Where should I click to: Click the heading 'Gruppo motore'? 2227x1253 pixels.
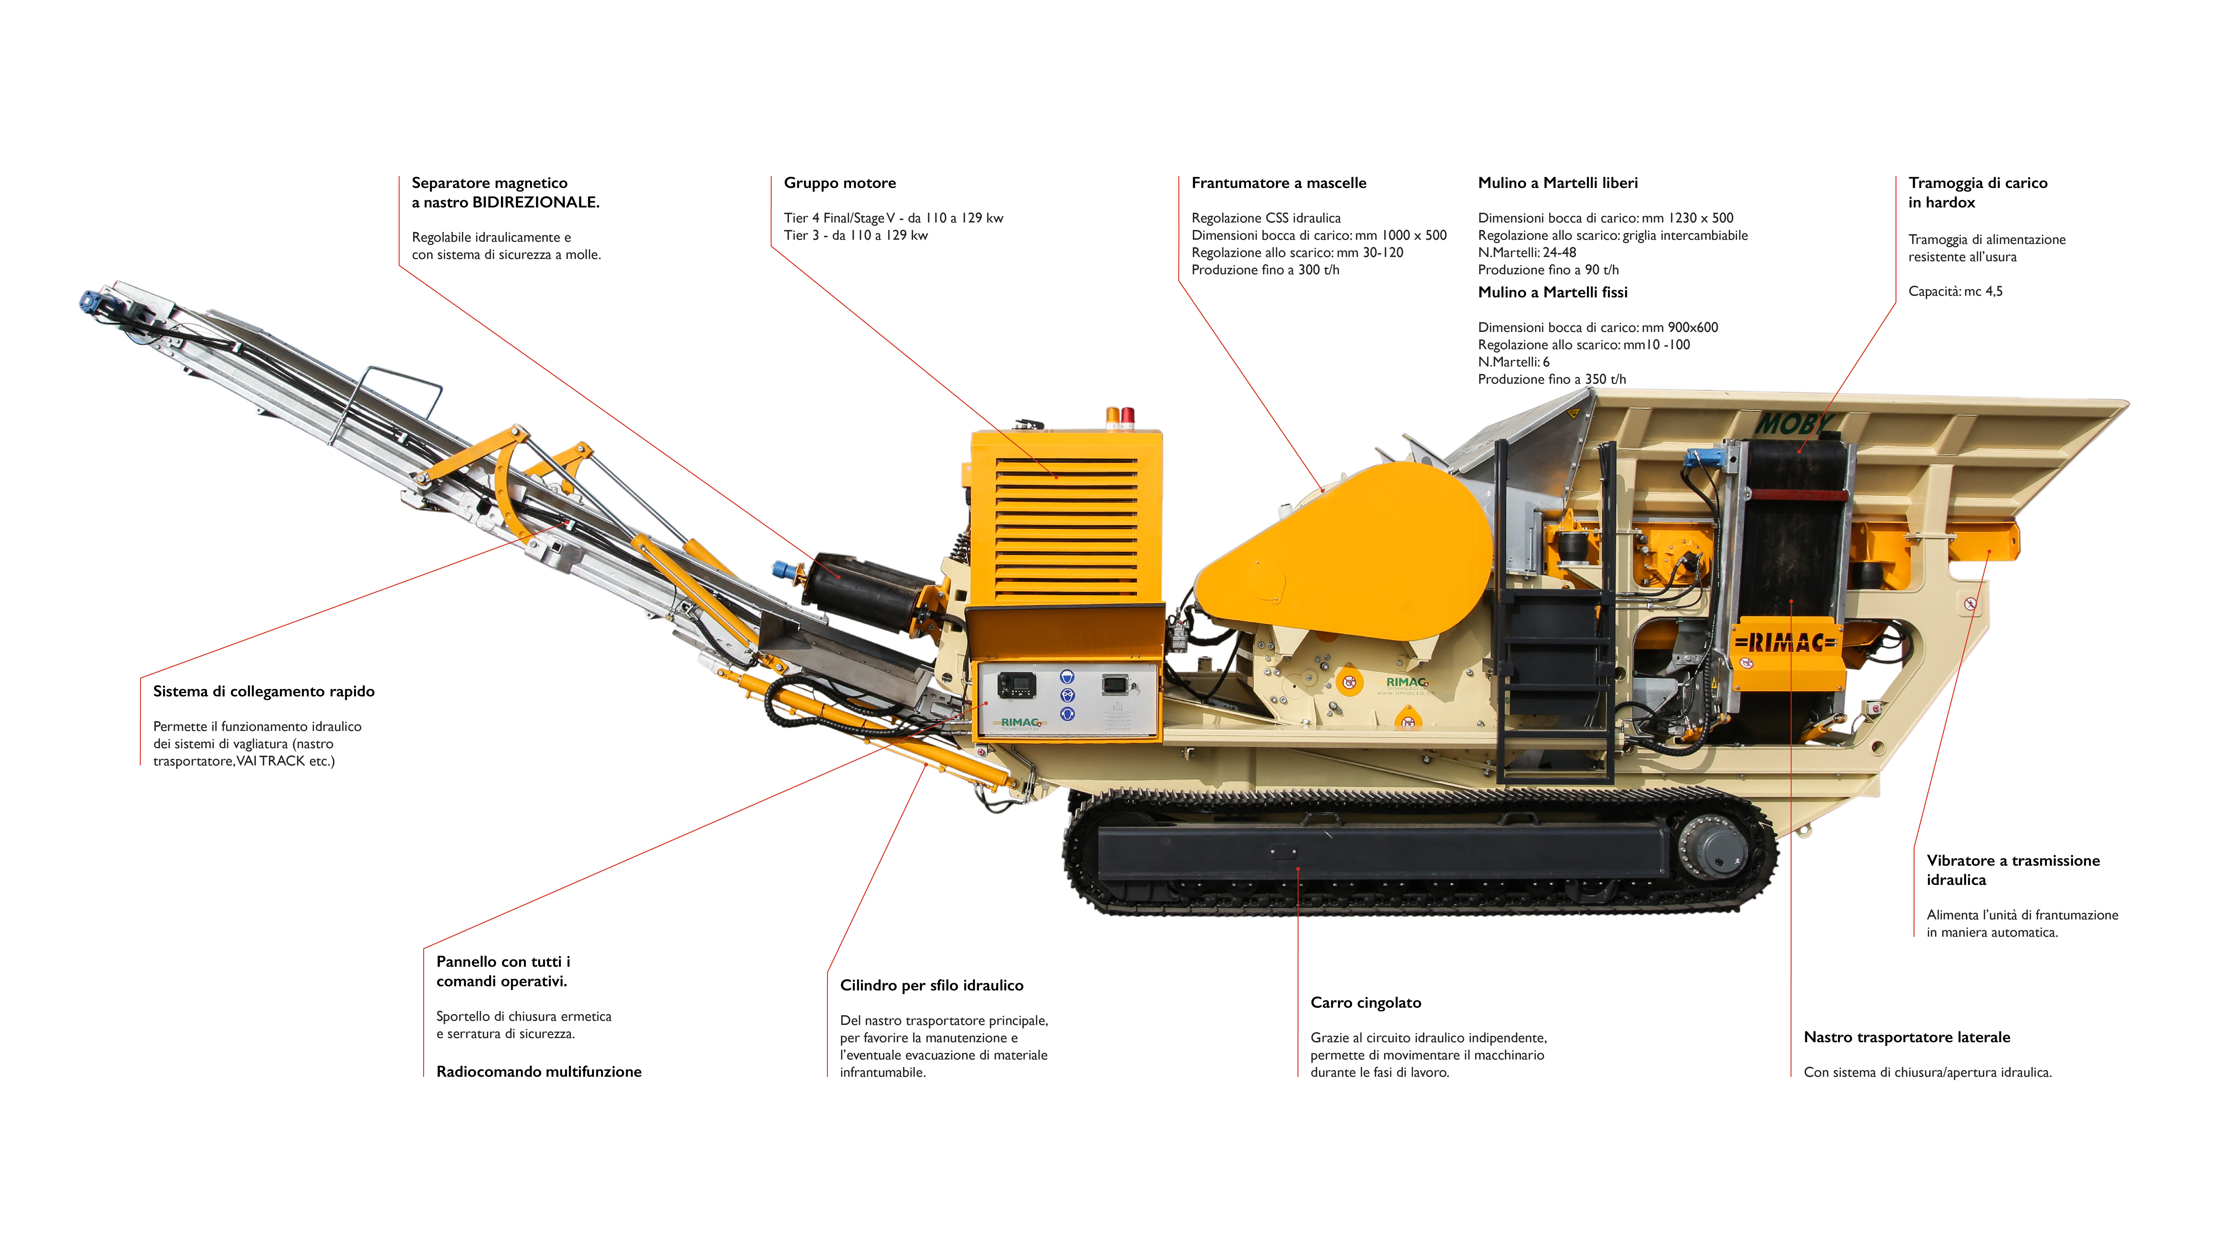[x=840, y=183]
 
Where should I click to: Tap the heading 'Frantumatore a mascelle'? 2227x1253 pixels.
[x=1279, y=183]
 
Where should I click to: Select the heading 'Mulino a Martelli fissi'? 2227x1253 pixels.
[x=1553, y=292]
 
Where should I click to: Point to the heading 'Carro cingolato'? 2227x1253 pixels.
[x=1365, y=1003]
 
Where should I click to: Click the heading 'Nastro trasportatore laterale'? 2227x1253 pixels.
[x=1906, y=1038]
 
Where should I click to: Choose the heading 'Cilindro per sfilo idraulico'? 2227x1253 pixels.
[x=931, y=986]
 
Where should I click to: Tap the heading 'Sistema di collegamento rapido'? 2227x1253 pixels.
[x=264, y=692]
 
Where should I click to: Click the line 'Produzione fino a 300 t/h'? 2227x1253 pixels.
[x=1265, y=270]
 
